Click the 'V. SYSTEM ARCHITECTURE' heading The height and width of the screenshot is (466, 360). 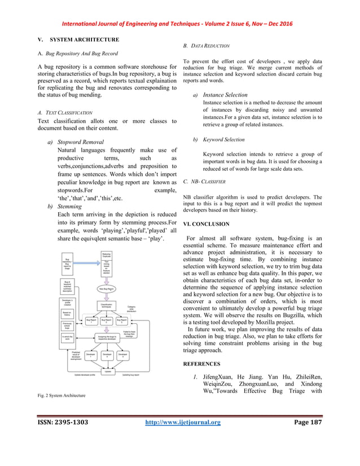(74, 39)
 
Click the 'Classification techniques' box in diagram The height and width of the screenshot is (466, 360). (107, 305)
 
